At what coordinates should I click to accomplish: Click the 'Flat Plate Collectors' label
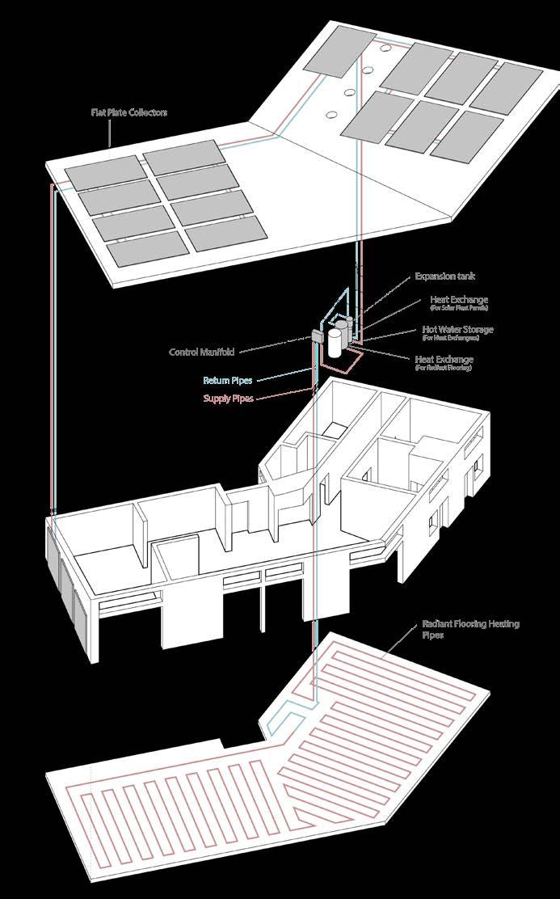[x=129, y=112]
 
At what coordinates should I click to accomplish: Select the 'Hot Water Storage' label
[x=457, y=330]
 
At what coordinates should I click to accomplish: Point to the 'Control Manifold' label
[x=202, y=352]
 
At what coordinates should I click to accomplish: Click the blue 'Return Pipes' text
[x=228, y=379]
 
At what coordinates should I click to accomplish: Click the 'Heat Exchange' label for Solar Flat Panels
[x=459, y=300]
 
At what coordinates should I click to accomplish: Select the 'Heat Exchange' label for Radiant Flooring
[x=444, y=359]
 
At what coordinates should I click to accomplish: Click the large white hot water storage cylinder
[x=332, y=342]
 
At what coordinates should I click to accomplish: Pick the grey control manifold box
[x=315, y=334]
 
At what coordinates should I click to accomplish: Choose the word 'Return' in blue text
[x=217, y=379]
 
